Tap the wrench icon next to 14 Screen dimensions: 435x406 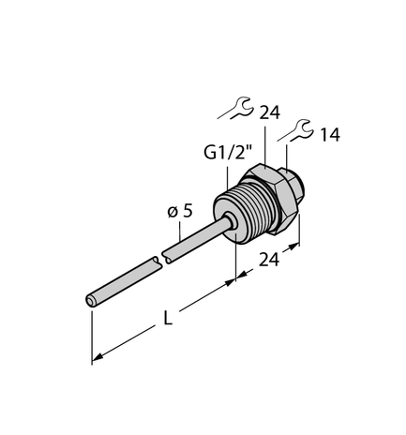(298, 130)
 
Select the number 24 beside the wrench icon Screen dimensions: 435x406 (270, 112)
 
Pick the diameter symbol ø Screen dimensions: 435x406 (173, 213)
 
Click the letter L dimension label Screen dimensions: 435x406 (168, 319)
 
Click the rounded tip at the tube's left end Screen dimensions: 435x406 (91, 300)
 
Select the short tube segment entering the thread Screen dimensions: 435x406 (192, 238)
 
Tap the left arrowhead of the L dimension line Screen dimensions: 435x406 (97, 358)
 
